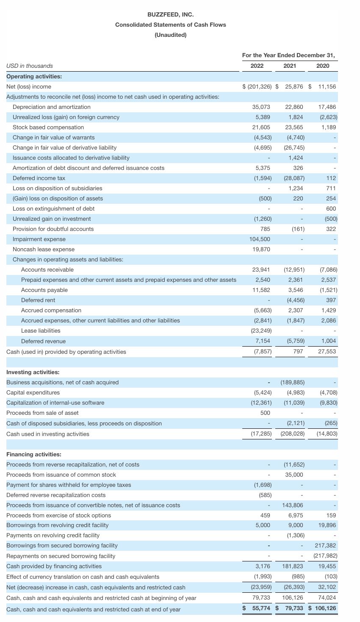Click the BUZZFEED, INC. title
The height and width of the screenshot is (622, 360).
(171, 14)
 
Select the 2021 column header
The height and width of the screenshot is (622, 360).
(290, 66)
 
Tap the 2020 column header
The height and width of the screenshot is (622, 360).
(322, 66)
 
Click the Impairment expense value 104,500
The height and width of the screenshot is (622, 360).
(260, 239)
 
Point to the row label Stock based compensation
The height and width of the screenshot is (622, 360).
(48, 127)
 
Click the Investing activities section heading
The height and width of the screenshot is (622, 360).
(33, 372)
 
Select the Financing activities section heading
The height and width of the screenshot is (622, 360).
(34, 454)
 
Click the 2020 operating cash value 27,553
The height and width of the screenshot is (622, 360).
(327, 352)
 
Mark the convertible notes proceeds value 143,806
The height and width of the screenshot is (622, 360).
(293, 505)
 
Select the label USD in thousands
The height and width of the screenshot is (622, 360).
(30, 66)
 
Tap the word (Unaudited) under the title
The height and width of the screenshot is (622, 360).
(171, 35)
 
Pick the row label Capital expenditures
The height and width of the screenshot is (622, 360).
(33, 392)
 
